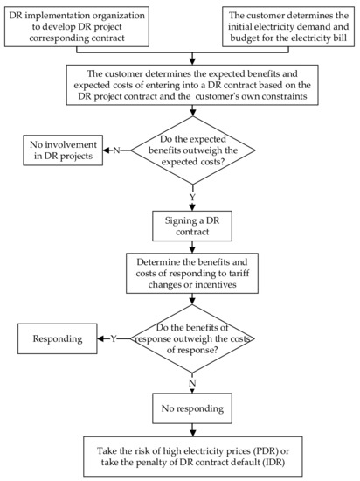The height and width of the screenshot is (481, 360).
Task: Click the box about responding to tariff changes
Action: (190, 274)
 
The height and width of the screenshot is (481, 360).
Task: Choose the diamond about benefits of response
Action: (190, 338)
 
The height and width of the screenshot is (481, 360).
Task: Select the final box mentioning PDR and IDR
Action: (190, 455)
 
